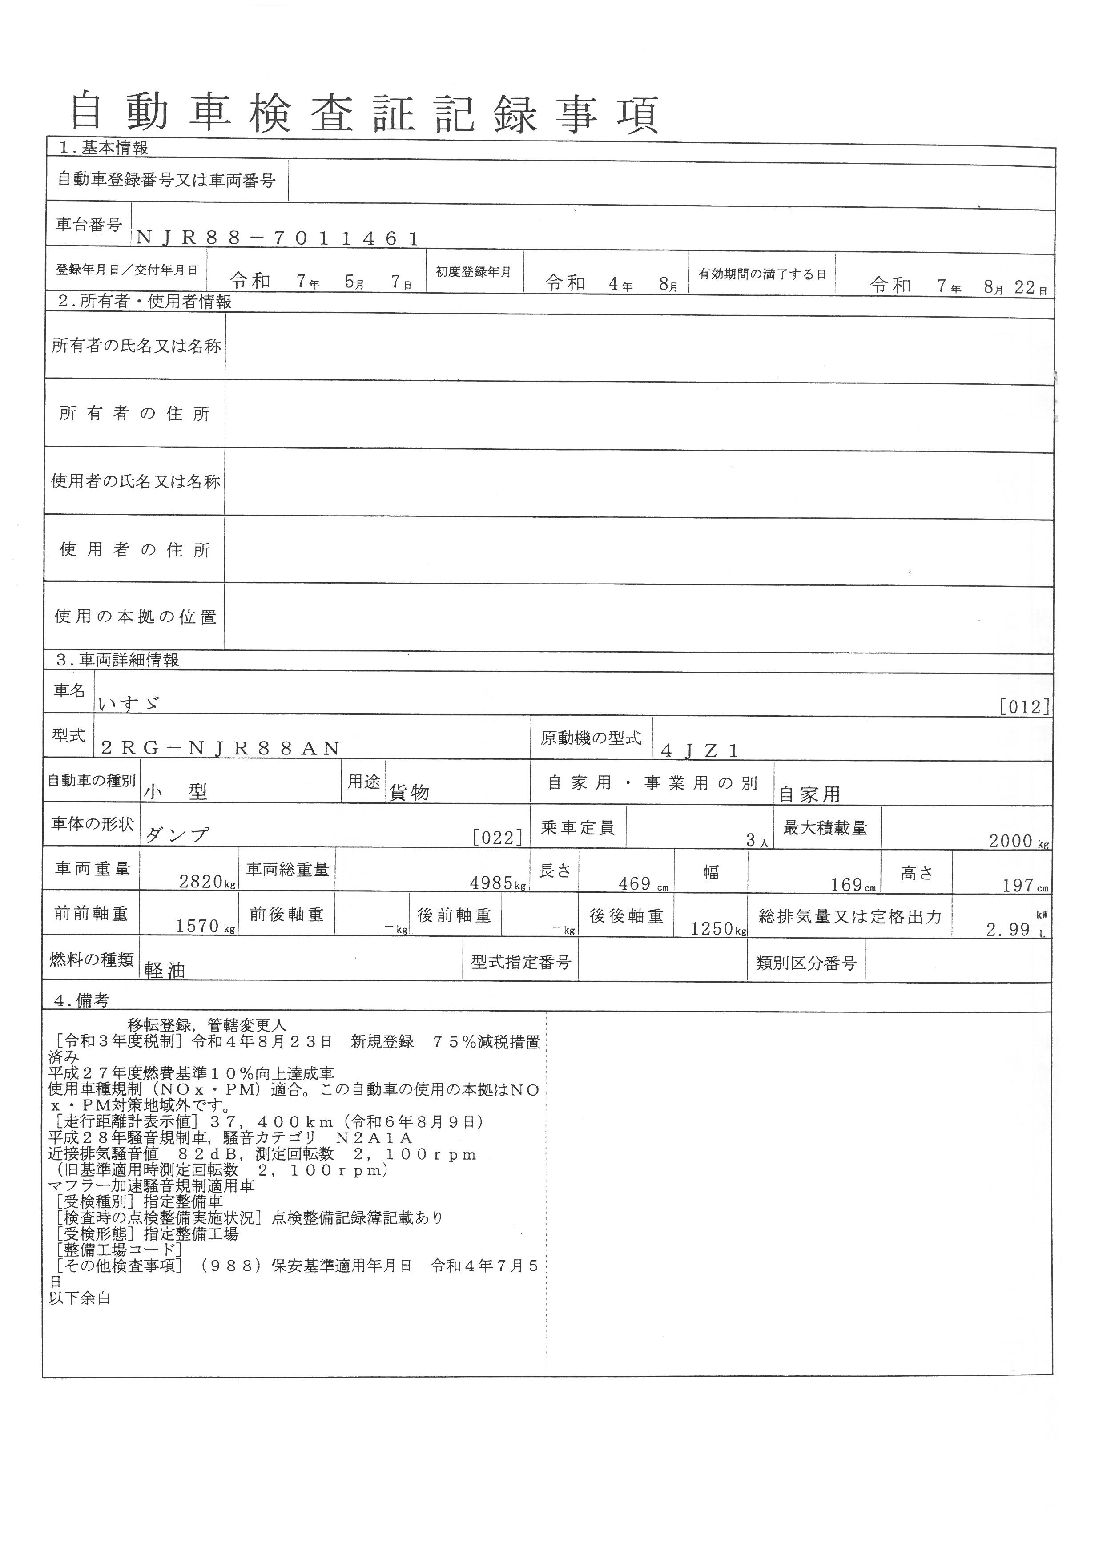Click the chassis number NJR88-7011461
click(277, 238)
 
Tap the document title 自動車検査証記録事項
click(366, 113)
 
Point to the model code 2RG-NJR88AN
click(220, 748)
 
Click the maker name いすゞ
click(129, 704)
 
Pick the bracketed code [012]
click(1024, 707)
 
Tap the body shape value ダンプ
click(177, 835)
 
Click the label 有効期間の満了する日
click(762, 274)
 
